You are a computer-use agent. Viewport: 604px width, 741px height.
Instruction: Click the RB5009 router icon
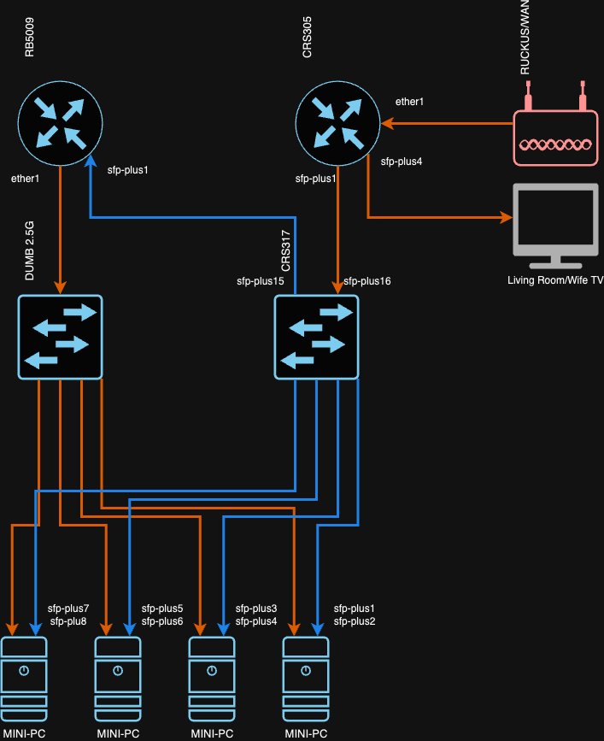tap(60, 122)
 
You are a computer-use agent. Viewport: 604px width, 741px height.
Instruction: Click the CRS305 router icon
tap(337, 122)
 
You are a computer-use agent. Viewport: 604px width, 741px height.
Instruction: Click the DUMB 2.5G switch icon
tap(60, 337)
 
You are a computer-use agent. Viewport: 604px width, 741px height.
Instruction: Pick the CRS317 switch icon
tap(316, 337)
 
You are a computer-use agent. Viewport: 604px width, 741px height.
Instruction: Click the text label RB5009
tap(30, 40)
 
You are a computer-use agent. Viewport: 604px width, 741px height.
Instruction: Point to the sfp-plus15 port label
tap(260, 280)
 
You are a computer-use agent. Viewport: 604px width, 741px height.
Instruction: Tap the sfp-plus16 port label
tap(367, 280)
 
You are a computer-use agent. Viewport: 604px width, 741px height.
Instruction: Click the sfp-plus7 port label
tap(68, 608)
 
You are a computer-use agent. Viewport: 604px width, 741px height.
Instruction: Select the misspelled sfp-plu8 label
tap(68, 620)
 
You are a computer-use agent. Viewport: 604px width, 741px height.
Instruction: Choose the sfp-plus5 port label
tap(162, 608)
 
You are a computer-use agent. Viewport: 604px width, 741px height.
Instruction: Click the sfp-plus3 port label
tap(256, 608)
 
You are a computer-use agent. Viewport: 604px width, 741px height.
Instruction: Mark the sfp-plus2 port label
tap(354, 620)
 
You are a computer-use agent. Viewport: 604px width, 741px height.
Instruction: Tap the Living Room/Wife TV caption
tap(554, 280)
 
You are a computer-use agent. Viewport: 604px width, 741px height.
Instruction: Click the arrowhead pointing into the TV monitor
tap(504, 217)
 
